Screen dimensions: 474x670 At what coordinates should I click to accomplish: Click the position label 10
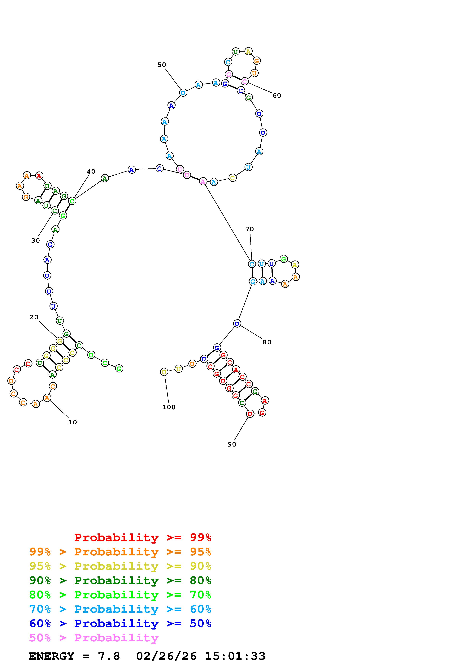point(72,422)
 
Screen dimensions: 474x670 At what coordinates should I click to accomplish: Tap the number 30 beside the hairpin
point(35,240)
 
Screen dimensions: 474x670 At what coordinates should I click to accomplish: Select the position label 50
point(162,65)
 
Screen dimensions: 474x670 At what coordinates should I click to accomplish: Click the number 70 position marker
point(249,229)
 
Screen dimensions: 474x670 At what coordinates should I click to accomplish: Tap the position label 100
point(169,407)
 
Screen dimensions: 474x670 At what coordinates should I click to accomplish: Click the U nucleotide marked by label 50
point(183,93)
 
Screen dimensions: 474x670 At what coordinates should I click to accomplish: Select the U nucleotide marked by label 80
point(237,323)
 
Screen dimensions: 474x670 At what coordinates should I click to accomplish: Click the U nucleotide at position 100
point(164,372)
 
